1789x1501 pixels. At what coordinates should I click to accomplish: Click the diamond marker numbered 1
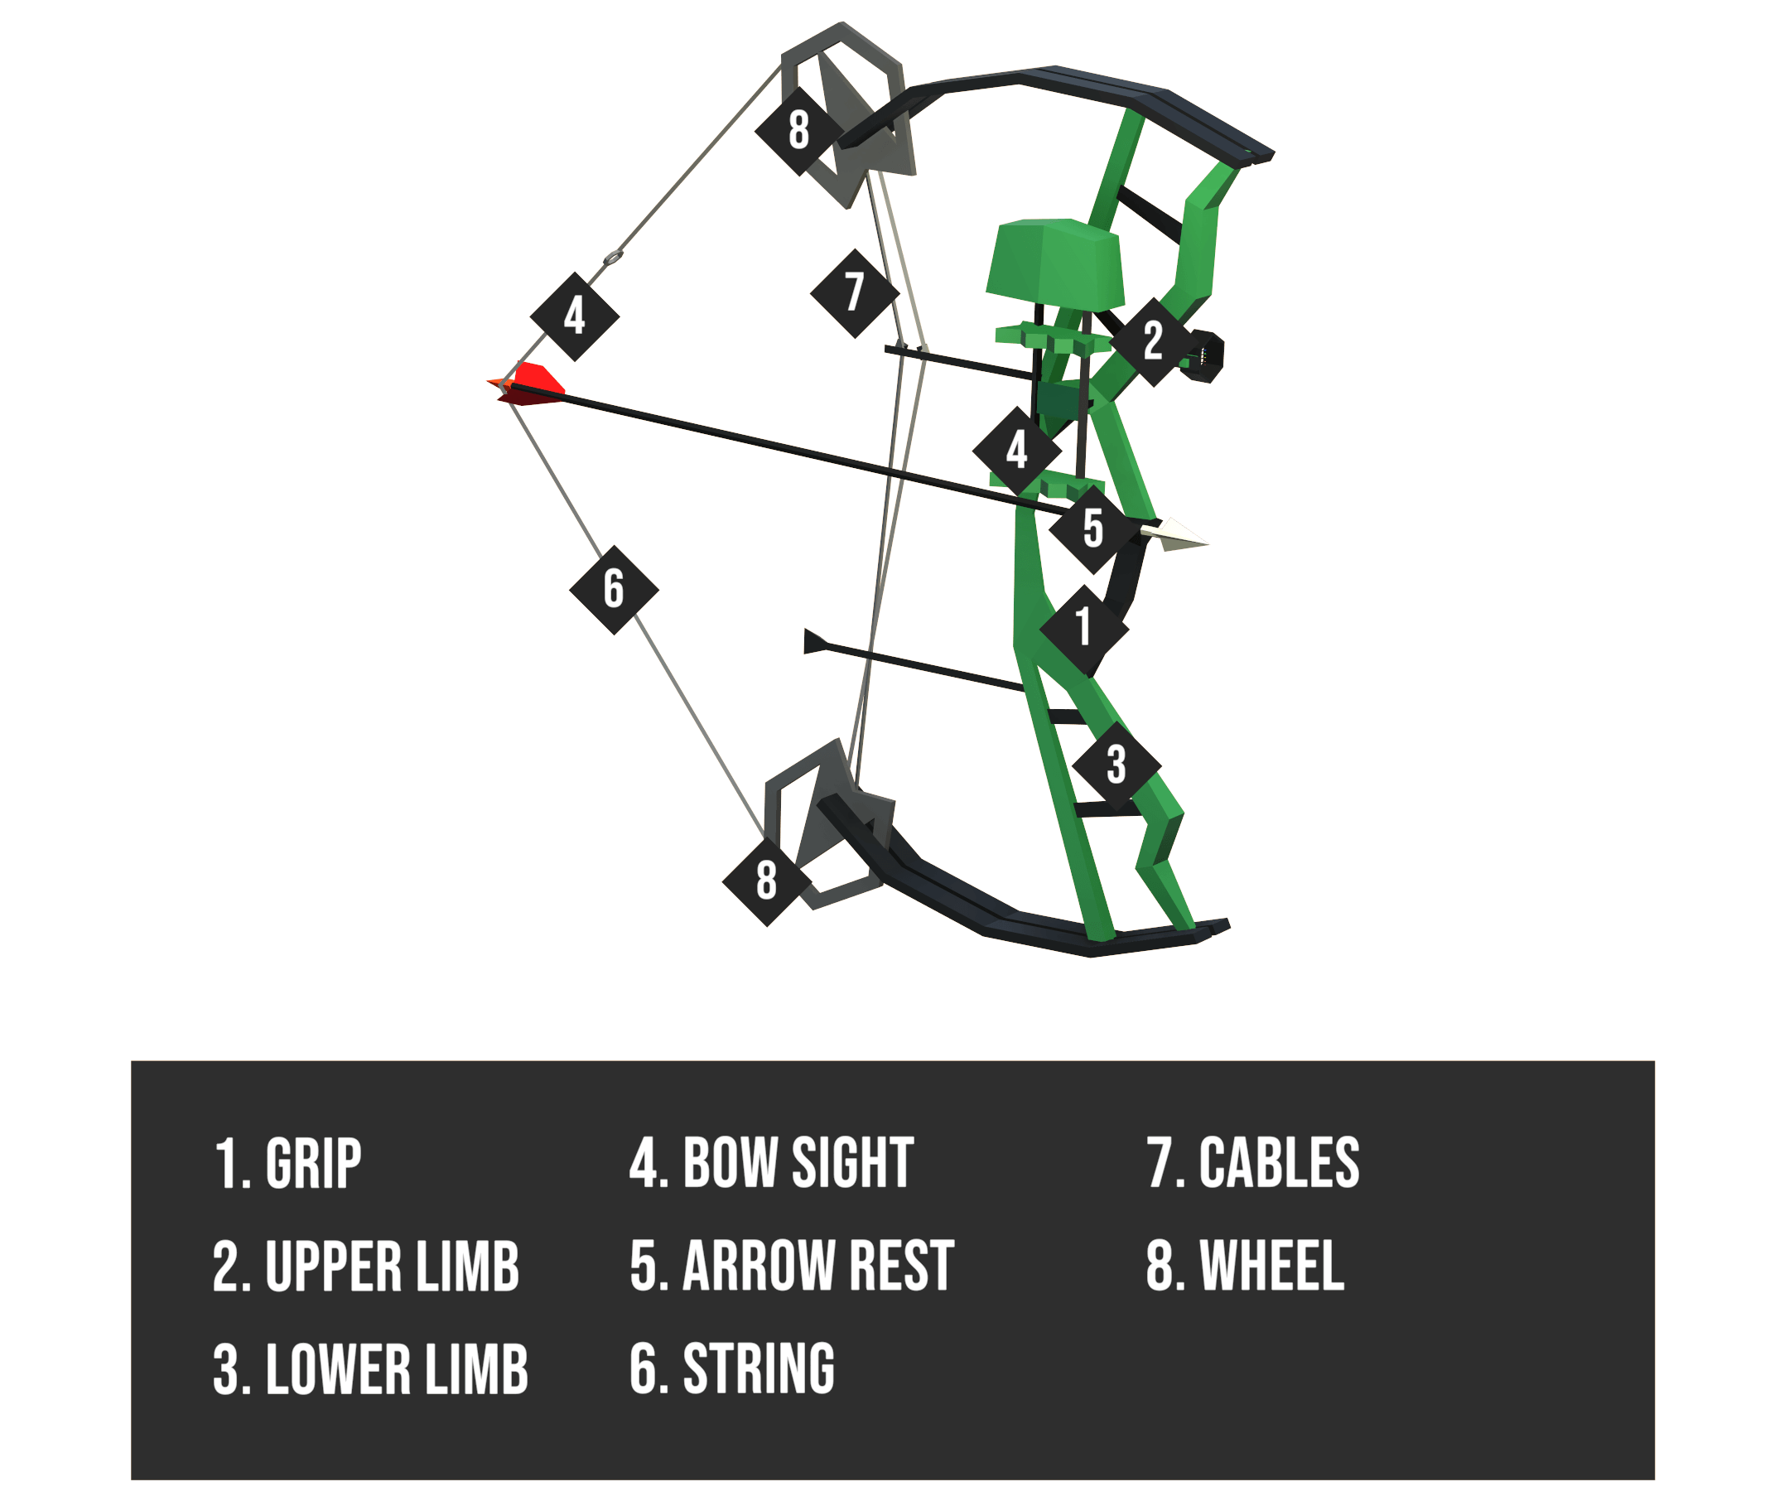1083,628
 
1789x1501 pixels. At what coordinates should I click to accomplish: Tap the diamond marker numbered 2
1153,341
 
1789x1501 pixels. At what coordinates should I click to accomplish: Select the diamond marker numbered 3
1116,765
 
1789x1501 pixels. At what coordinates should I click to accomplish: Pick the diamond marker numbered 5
1093,529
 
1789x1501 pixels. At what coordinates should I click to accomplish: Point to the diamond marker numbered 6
614,589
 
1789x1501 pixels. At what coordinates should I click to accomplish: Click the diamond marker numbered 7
855,292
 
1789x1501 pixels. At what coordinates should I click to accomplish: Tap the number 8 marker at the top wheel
798,130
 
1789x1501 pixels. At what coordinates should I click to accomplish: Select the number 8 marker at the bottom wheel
766,880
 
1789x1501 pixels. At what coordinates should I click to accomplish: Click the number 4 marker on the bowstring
574,316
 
